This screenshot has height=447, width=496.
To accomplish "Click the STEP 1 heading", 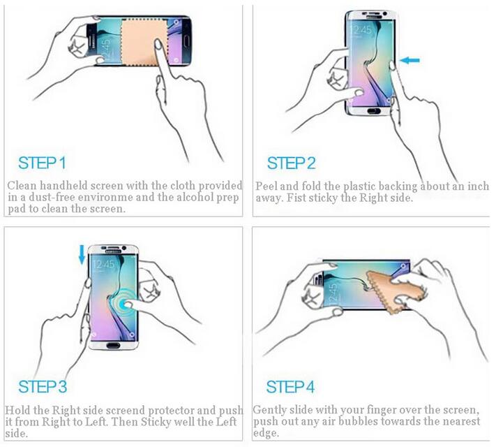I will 42,163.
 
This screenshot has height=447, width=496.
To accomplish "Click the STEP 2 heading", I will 292,163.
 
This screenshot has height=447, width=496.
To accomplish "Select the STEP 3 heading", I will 43,387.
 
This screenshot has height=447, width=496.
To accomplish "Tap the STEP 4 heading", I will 292,387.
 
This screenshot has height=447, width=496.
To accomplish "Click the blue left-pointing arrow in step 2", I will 410,61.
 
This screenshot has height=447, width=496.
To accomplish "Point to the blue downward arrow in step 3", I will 82,255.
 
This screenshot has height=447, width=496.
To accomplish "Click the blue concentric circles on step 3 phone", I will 128,304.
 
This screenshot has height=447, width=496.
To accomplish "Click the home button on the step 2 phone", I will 370,110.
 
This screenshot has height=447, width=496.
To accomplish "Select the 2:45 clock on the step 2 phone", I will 362,29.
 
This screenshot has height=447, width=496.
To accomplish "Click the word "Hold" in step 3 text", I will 19,410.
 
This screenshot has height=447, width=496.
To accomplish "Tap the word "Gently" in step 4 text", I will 271,410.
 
